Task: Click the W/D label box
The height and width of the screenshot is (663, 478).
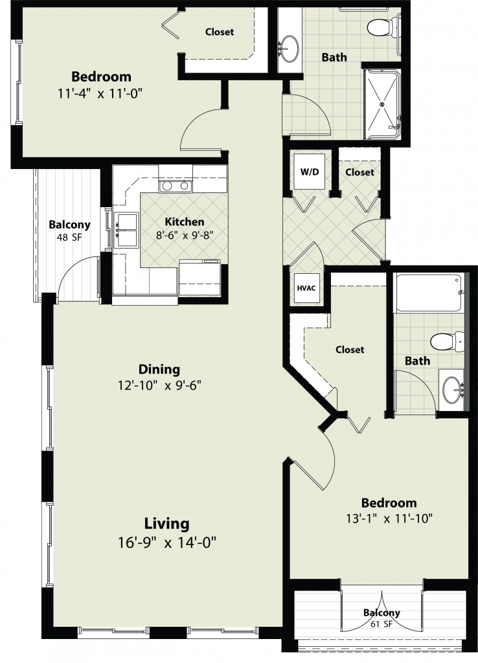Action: (310, 172)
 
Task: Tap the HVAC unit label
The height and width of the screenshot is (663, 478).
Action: (306, 288)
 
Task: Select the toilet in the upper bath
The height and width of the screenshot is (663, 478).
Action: (383, 27)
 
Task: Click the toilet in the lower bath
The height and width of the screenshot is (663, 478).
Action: (447, 341)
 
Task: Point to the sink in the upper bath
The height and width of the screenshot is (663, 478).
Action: (290, 49)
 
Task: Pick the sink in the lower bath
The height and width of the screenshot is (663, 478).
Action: (453, 390)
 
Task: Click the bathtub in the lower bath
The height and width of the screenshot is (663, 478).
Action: (429, 293)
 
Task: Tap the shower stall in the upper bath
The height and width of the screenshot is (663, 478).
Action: (382, 104)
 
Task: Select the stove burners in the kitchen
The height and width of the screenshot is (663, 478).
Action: (176, 186)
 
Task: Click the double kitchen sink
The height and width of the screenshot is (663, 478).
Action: (126, 230)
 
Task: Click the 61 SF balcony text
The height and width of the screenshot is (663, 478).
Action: (381, 624)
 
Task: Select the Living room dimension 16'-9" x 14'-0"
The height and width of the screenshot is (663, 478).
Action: (167, 542)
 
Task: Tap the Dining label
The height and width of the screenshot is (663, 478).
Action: (159, 369)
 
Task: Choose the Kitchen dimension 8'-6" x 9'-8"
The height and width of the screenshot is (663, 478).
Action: (184, 235)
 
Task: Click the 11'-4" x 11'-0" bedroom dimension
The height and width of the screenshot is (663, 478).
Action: (100, 93)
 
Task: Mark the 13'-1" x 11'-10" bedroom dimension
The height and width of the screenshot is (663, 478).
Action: (389, 519)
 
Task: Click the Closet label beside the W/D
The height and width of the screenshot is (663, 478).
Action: (359, 172)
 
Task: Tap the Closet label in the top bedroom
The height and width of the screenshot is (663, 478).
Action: (220, 32)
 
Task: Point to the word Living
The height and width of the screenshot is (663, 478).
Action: (166, 523)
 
